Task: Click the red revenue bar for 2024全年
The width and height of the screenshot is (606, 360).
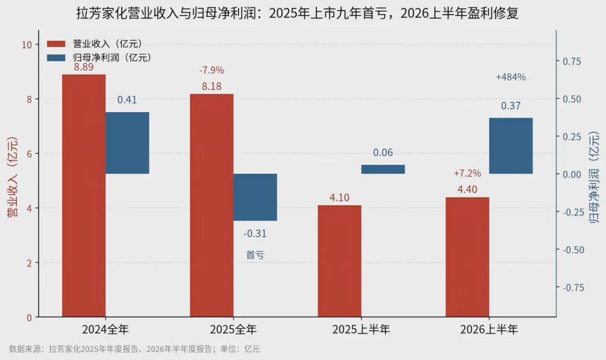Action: tap(84, 196)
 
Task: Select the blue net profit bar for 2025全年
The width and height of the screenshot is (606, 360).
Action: tap(255, 197)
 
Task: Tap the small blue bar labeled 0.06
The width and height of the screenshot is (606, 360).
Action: tap(383, 169)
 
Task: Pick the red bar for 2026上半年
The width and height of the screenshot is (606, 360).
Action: tap(467, 257)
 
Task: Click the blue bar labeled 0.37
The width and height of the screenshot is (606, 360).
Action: tap(511, 146)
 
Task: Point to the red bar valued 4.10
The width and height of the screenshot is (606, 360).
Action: tap(339, 261)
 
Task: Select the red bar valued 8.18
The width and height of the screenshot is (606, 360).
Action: tap(212, 205)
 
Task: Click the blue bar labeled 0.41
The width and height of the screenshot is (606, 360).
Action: tap(127, 143)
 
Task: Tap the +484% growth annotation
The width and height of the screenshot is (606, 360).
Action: tap(511, 77)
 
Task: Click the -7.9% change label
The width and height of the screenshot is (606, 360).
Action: tap(212, 70)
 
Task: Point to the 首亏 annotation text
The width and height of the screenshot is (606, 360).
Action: tap(255, 255)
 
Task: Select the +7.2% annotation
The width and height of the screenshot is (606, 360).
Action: tap(467, 173)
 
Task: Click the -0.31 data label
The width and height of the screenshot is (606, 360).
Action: tap(255, 234)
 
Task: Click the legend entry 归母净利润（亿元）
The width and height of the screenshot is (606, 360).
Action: tap(100, 58)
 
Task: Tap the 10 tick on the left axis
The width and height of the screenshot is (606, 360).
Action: tap(27, 45)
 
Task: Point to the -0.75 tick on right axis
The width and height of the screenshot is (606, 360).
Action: tap(573, 287)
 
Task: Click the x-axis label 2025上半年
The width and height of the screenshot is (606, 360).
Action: tap(361, 330)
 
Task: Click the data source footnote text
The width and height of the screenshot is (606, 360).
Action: tap(135, 349)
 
